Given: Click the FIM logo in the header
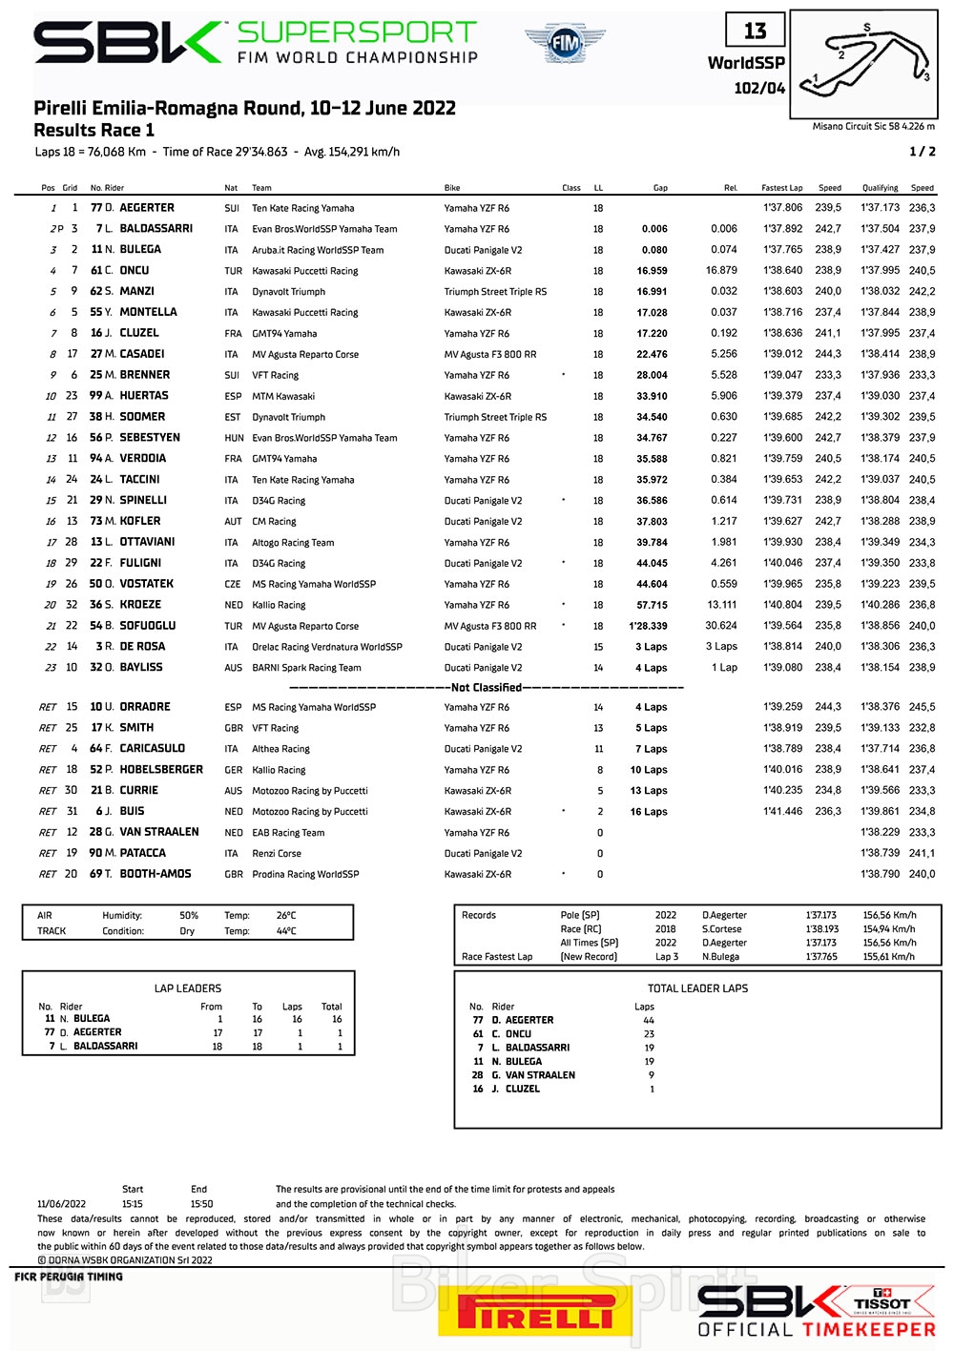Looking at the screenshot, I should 565,43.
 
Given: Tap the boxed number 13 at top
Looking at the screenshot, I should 755,31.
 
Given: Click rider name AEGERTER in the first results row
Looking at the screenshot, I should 146,208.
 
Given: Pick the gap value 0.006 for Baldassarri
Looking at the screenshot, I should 654,229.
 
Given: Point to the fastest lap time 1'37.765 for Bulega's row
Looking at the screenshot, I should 782,250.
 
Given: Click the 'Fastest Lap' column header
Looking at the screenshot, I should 781,188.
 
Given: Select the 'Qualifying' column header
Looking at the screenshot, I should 880,188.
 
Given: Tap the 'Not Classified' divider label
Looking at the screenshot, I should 486,687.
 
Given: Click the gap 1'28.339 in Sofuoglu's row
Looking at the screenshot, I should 648,626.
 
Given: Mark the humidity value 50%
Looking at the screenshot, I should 189,916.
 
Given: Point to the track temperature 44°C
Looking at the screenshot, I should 286,931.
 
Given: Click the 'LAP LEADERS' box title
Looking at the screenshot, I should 187,988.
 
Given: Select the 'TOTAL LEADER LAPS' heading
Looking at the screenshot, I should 697,988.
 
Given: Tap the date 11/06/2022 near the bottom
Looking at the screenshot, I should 61,1204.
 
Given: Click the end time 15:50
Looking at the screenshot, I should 201,1204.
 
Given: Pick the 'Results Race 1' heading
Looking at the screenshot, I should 93,131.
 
